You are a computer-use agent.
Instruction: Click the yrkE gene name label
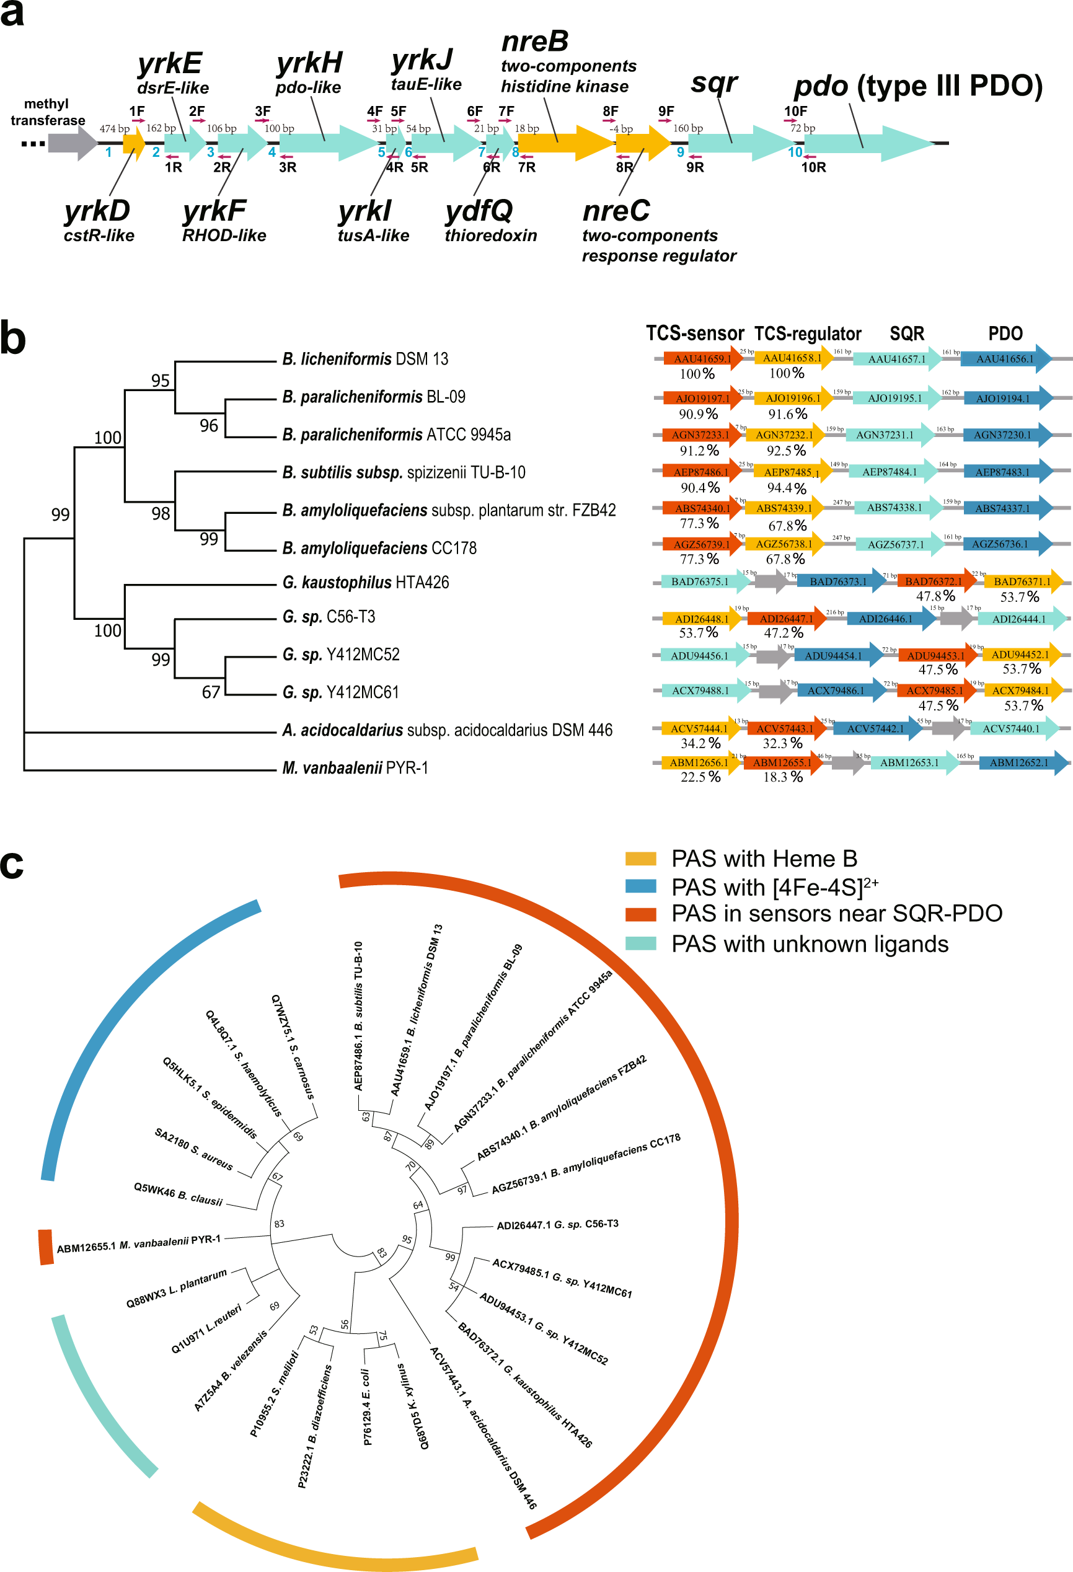tap(170, 64)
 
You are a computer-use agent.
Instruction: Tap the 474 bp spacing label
tap(114, 128)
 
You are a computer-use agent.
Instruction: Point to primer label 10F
tap(796, 111)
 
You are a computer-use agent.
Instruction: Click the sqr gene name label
tap(713, 84)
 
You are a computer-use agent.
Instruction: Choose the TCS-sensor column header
tap(695, 333)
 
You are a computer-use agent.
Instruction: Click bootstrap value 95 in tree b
tap(161, 381)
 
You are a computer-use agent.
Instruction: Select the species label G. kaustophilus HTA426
tap(365, 583)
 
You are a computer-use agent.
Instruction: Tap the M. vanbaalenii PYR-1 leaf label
tap(355, 768)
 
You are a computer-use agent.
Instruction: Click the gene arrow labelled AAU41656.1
tap(1005, 359)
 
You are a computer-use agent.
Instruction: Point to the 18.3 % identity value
tap(783, 777)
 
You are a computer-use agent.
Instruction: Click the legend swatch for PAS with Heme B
tap(641, 859)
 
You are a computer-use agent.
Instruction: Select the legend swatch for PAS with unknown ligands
tap(641, 943)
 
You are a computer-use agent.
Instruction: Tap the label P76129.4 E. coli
tap(366, 1407)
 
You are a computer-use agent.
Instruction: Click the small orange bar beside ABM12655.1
tap(45, 1247)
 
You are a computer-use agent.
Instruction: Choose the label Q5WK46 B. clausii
tap(178, 1194)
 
